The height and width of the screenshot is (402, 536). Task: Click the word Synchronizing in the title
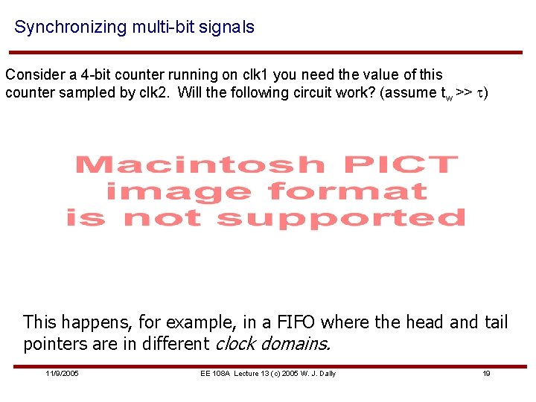point(71,28)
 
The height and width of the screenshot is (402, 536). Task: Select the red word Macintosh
point(200,165)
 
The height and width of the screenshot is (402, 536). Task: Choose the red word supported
point(340,218)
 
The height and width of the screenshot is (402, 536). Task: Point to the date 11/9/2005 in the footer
point(62,373)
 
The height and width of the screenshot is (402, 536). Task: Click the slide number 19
point(486,373)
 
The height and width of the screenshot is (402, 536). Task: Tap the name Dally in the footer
point(325,373)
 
